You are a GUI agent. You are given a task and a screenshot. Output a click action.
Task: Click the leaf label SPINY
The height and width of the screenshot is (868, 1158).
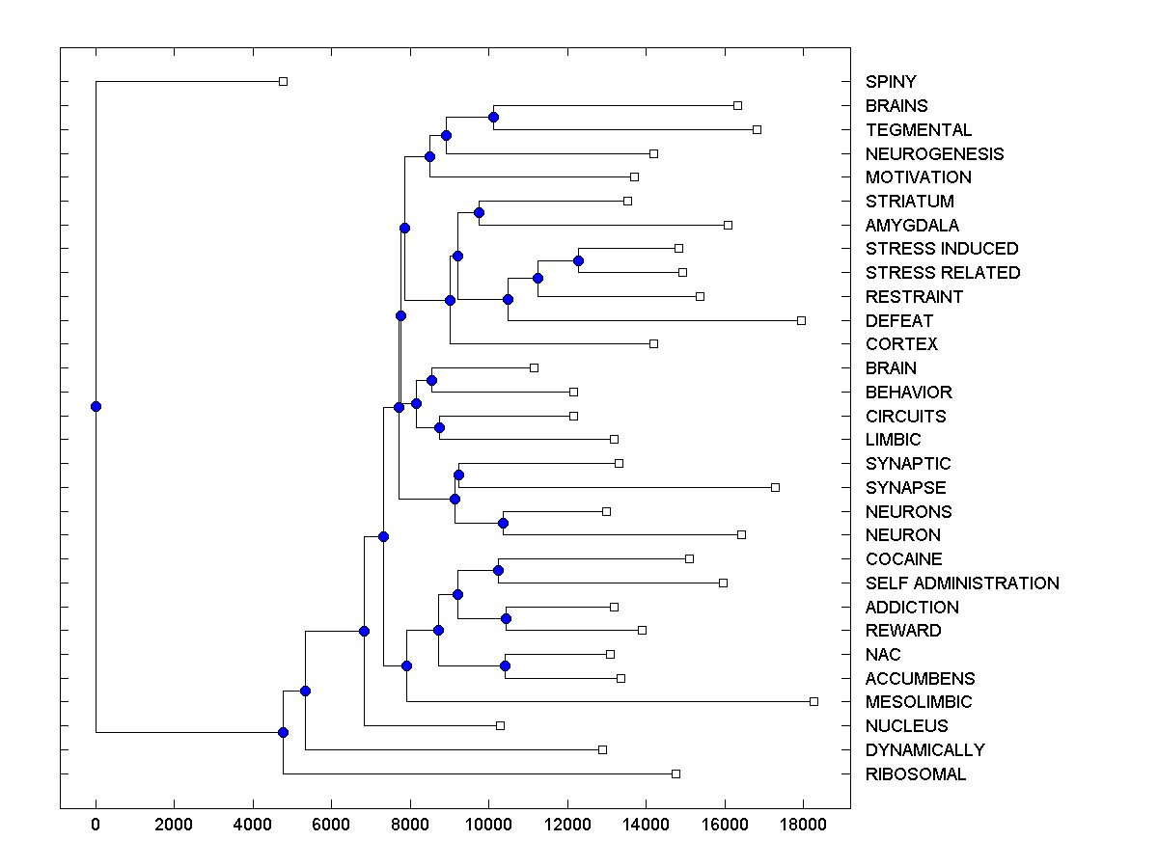click(891, 82)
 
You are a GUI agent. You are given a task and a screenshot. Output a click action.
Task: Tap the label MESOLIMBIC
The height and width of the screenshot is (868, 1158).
click(919, 702)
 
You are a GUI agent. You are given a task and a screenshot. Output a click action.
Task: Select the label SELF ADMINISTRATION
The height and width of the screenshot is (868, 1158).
click(962, 583)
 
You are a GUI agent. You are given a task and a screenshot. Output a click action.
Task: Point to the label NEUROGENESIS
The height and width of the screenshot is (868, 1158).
click(934, 154)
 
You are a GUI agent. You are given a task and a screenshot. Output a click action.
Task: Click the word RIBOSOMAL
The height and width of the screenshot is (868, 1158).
click(916, 774)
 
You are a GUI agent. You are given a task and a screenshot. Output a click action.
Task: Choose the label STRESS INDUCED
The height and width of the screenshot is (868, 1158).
click(942, 249)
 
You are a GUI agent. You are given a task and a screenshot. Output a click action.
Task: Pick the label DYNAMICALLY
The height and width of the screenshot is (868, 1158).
click(924, 750)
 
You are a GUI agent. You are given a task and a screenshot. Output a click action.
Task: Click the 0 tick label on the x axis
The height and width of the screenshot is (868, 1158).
click(96, 823)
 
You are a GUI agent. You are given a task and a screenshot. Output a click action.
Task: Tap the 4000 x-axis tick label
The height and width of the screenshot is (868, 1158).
click(253, 823)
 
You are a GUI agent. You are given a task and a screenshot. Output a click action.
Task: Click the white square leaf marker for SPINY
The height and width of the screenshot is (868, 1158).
click(283, 82)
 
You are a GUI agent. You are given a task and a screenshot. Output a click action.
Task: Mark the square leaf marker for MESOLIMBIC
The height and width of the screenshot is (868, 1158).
click(813, 701)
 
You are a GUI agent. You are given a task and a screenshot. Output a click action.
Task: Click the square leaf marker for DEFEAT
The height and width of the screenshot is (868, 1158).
click(801, 320)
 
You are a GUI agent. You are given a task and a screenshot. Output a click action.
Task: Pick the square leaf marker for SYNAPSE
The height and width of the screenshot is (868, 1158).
click(775, 487)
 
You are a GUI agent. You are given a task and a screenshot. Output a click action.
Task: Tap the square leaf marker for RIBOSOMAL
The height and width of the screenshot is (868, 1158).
click(675, 773)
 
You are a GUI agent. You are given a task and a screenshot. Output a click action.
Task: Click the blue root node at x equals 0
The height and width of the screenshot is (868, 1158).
click(96, 406)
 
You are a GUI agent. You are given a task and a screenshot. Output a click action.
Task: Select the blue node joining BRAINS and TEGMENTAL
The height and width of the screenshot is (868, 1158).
click(493, 118)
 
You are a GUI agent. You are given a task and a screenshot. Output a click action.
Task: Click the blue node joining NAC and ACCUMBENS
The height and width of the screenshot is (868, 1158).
click(505, 665)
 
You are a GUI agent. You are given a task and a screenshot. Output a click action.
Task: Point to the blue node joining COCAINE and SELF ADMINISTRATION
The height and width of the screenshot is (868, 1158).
click(498, 570)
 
